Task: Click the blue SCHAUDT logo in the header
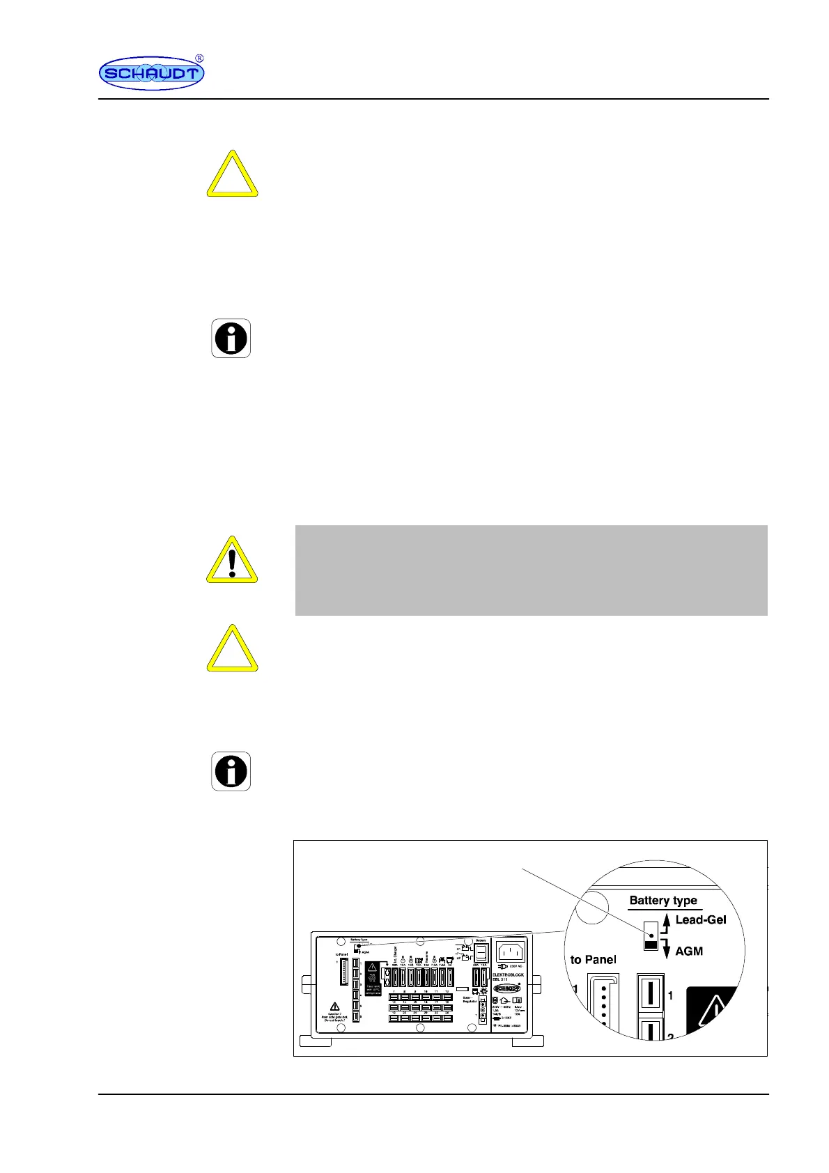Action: (x=151, y=73)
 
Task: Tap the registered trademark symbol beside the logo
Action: (x=199, y=59)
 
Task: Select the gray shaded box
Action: (x=531, y=570)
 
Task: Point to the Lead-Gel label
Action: (x=700, y=919)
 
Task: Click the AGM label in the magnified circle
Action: (x=689, y=951)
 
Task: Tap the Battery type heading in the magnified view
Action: (x=663, y=900)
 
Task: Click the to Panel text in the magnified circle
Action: (x=593, y=959)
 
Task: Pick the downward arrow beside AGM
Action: (x=666, y=949)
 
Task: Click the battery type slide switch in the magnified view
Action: (x=651, y=935)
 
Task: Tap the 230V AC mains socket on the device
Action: (x=510, y=951)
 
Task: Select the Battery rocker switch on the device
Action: (x=481, y=952)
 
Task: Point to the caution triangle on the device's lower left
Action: (x=334, y=1006)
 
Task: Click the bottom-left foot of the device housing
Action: (x=318, y=1041)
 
